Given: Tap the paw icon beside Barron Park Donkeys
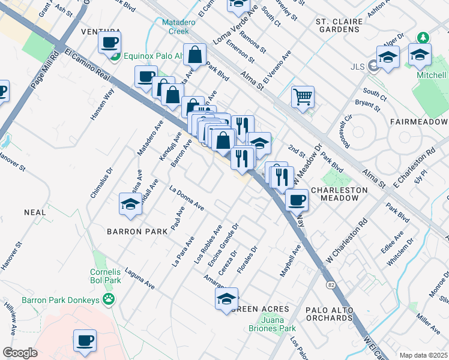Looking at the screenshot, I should (109, 299).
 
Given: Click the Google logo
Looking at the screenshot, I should (20, 353).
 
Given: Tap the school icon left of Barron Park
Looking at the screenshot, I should (130, 203).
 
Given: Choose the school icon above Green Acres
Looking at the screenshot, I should (226, 299).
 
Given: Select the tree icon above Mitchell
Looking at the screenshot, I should (424, 37).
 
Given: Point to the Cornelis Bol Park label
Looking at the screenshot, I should (105, 276).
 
